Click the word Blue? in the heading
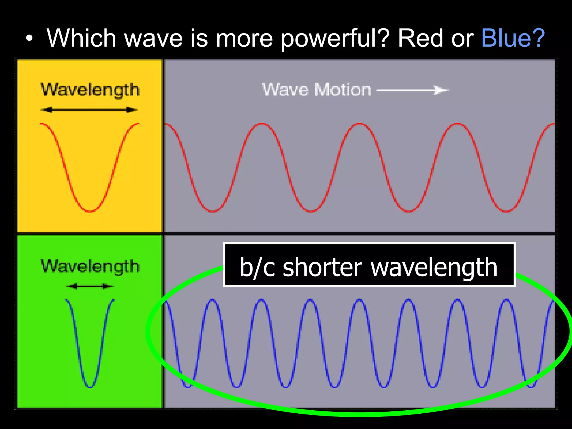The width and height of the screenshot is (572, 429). pyautogui.click(x=513, y=38)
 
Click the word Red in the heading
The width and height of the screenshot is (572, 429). pyautogui.click(x=420, y=38)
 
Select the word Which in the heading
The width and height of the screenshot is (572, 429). pyautogui.click(x=81, y=38)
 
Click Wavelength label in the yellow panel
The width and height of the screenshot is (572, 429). pyautogui.click(x=90, y=90)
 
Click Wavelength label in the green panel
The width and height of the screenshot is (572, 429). pyautogui.click(x=90, y=266)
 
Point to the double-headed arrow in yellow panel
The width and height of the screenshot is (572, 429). pyautogui.click(x=89, y=110)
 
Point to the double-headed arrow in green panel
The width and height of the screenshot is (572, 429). pyautogui.click(x=90, y=286)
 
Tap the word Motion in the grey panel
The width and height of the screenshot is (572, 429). pyautogui.click(x=343, y=90)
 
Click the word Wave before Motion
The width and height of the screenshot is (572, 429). pyautogui.click(x=285, y=90)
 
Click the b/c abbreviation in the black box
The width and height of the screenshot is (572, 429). pyautogui.click(x=257, y=268)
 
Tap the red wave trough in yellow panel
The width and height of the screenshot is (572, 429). pyautogui.click(x=90, y=211)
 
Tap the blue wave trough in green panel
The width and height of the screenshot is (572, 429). pyautogui.click(x=90, y=387)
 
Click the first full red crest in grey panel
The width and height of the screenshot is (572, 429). pyautogui.click(x=262, y=124)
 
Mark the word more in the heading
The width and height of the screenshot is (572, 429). pyautogui.click(x=244, y=39)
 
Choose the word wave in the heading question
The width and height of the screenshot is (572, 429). pyautogui.click(x=153, y=39)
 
